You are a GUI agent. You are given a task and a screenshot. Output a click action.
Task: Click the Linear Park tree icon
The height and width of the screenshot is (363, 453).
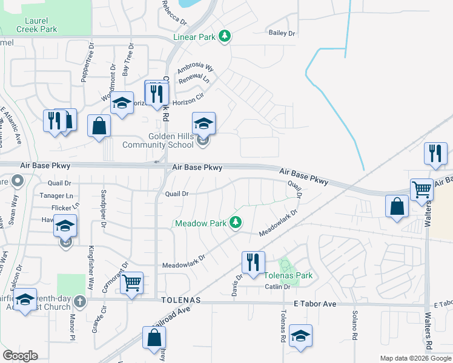225,37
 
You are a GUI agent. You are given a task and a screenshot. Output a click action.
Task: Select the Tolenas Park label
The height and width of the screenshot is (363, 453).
288,275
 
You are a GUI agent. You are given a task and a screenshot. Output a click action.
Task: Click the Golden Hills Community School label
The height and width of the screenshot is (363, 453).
158,140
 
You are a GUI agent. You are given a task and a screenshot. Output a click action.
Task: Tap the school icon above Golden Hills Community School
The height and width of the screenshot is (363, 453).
204,123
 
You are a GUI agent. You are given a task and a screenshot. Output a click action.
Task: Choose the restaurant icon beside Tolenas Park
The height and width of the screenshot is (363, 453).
253,261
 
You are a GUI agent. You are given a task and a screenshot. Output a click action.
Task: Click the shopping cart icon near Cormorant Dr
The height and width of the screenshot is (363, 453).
131,283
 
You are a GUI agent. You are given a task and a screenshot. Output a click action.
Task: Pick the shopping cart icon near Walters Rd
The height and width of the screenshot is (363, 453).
422,189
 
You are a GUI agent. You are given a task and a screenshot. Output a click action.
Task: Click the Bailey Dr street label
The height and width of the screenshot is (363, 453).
282,33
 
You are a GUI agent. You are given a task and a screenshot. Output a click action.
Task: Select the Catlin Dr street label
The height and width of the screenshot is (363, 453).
277,287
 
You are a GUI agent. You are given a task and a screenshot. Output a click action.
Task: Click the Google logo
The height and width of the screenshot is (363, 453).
20,356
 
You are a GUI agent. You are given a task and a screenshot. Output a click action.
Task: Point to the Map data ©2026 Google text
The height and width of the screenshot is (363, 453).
415,358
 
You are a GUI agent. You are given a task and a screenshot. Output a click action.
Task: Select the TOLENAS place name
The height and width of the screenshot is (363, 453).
180,300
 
